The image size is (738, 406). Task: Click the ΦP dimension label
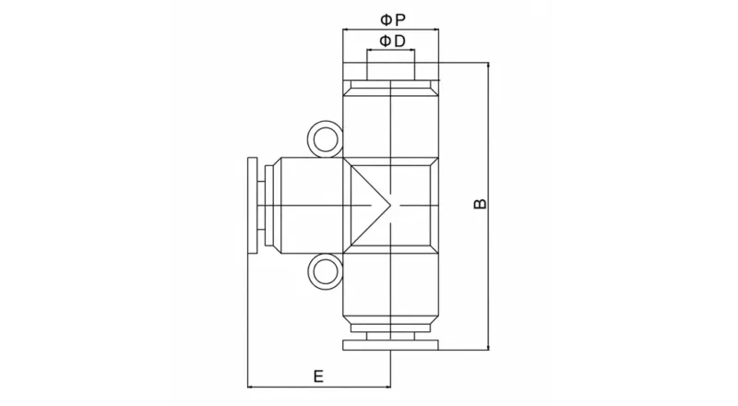click(390, 18)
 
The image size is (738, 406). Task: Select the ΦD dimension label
click(390, 42)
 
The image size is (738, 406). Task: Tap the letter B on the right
click(479, 204)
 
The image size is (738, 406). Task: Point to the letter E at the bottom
click(316, 376)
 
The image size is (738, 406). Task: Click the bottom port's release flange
click(390, 346)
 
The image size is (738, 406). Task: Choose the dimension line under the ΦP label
click(390, 30)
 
